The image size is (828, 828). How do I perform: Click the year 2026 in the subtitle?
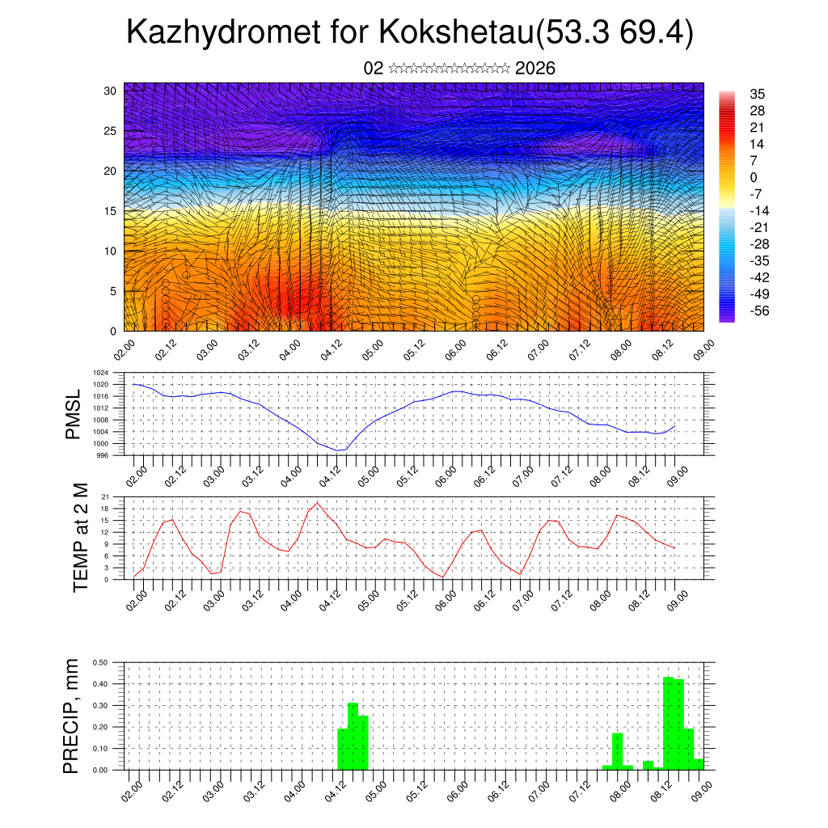(535, 69)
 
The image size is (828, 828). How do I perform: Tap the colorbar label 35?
(758, 94)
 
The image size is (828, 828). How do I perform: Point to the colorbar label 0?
(754, 177)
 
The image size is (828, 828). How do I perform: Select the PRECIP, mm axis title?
(73, 716)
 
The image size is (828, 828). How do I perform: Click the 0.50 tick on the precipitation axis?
(99, 662)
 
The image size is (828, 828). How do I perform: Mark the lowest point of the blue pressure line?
(338, 450)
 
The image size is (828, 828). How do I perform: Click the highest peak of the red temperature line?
(318, 502)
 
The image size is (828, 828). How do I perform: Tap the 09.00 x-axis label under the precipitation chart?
(698, 787)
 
